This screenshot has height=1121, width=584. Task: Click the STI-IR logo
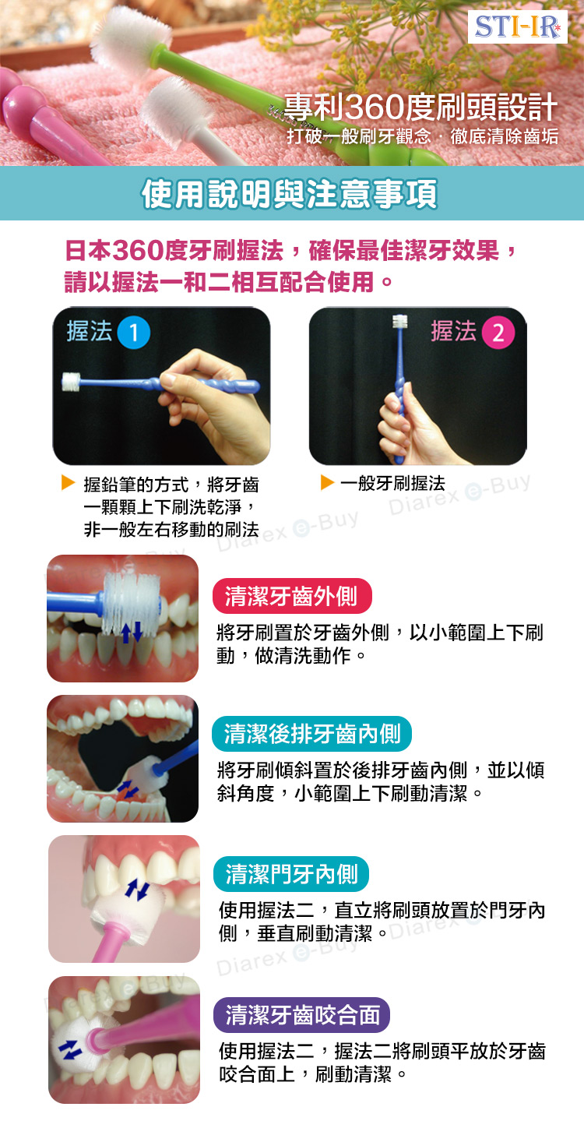(518, 26)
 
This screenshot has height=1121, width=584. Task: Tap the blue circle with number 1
(134, 333)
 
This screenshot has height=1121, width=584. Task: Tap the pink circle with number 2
(498, 333)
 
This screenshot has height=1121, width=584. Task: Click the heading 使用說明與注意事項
(290, 194)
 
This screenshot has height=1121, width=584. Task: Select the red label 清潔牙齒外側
(292, 596)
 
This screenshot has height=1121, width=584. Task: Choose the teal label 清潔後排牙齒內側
(311, 734)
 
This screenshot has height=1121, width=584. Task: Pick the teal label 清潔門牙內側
(291, 874)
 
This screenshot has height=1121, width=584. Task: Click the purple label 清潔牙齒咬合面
(302, 1015)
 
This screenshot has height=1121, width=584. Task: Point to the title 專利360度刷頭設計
(420, 107)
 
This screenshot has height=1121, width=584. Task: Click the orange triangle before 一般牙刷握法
(327, 482)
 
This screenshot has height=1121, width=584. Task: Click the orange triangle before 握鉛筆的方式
(68, 483)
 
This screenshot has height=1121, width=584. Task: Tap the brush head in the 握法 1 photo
(72, 382)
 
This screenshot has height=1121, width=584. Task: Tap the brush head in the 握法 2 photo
(399, 321)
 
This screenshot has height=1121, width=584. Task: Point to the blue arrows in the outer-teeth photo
(132, 633)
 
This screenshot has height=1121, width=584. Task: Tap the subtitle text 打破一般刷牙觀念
(358, 136)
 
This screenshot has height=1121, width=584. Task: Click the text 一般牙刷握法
(392, 483)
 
